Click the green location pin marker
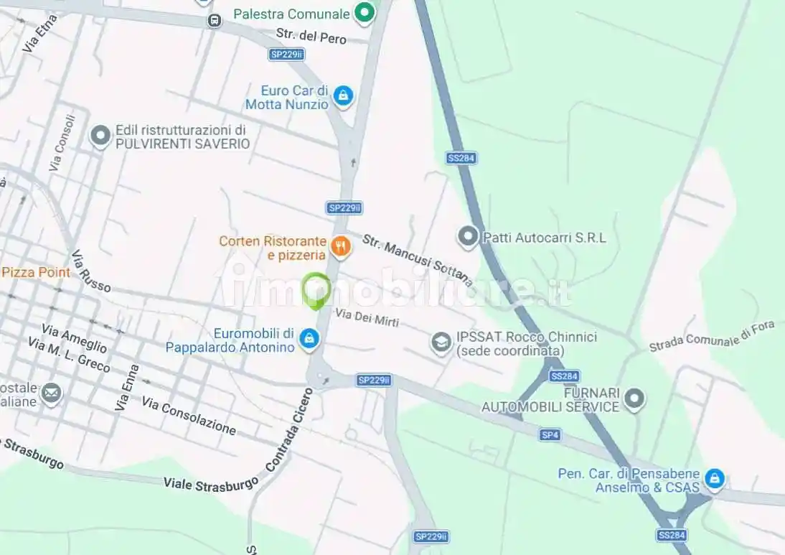[316, 290]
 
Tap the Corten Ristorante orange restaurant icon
[341, 248]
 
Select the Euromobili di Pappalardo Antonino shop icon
[309, 338]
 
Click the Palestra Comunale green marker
[365, 13]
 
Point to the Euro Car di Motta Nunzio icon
[344, 95]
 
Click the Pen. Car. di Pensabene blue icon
[714, 478]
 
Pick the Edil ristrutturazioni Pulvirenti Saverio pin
[100, 135]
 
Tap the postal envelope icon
[51, 393]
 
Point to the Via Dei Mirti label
[367, 317]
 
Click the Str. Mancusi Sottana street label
[417, 259]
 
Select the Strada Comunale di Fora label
[712, 336]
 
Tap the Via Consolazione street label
[189, 416]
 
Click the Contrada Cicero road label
[289, 429]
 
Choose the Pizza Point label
[36, 272]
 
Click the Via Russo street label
[91, 271]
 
